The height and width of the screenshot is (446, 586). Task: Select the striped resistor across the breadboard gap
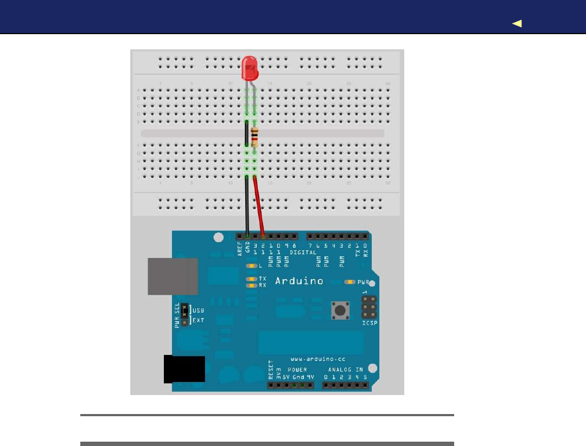pos(254,135)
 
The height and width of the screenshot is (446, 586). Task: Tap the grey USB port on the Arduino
pos(173,276)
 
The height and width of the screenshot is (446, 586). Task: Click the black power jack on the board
pos(184,369)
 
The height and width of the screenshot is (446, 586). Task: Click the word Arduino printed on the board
pos(299,281)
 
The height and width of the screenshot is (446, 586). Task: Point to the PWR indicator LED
pos(350,282)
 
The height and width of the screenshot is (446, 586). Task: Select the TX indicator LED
pos(251,279)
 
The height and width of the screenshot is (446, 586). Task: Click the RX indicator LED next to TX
pos(251,285)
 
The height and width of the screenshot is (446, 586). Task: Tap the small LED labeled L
pos(251,266)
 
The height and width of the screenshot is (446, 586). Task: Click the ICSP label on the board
pos(370,324)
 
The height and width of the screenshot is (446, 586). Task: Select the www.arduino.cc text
pos(317,359)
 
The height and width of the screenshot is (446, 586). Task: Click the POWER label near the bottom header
pos(297,370)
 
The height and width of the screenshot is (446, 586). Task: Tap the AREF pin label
pos(240,248)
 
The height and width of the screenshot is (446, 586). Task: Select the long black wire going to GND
pos(247,206)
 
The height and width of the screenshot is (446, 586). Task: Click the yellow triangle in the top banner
pos(517,23)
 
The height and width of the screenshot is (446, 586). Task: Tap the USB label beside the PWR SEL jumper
pos(199,311)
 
